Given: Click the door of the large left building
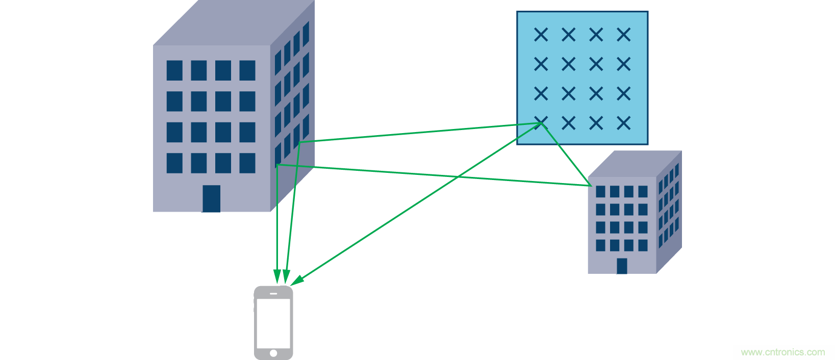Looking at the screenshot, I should (x=211, y=198).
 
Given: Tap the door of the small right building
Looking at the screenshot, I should (x=622, y=266).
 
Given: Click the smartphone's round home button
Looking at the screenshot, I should (x=273, y=353).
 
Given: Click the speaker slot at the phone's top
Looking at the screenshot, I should (x=273, y=294).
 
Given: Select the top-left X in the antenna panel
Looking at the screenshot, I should (x=541, y=35).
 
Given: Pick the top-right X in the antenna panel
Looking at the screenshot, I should (x=623, y=35).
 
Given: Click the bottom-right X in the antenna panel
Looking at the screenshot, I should (x=623, y=123).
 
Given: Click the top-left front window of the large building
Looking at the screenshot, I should (x=174, y=70).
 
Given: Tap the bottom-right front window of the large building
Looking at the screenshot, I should (x=247, y=163).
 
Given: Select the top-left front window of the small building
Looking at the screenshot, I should (x=600, y=192).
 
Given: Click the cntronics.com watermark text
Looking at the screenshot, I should (x=782, y=352).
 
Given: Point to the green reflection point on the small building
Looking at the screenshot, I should (x=591, y=186).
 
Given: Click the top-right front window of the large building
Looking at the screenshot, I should (x=247, y=70).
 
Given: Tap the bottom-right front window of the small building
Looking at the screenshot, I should (x=643, y=245).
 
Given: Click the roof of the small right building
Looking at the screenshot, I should (x=632, y=163).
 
